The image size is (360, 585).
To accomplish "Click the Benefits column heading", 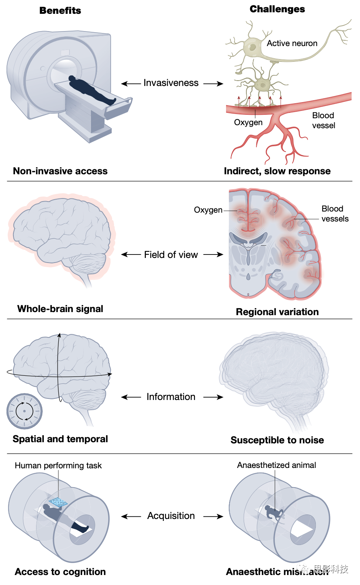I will (60, 11).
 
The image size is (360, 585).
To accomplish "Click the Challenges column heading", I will (277, 9).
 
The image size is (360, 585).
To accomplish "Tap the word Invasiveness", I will (171, 83).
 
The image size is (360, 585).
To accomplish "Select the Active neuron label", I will (292, 43).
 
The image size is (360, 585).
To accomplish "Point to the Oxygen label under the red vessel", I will (248, 122).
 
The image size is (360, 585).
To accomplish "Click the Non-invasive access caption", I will (60, 171).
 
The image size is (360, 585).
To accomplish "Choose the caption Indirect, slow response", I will (277, 171).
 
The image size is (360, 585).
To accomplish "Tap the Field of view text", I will (171, 255).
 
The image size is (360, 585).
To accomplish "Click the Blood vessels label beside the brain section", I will (335, 214).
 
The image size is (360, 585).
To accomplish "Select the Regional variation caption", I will (277, 312).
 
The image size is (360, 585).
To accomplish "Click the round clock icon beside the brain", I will (25, 411).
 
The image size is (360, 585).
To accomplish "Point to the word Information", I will (171, 397).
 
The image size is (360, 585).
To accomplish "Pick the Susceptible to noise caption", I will (277, 440).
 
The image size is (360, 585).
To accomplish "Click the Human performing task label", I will (58, 466).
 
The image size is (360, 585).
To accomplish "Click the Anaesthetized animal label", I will (276, 465).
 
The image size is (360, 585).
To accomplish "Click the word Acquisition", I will (171, 516).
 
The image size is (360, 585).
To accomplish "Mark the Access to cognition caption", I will (60, 572).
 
